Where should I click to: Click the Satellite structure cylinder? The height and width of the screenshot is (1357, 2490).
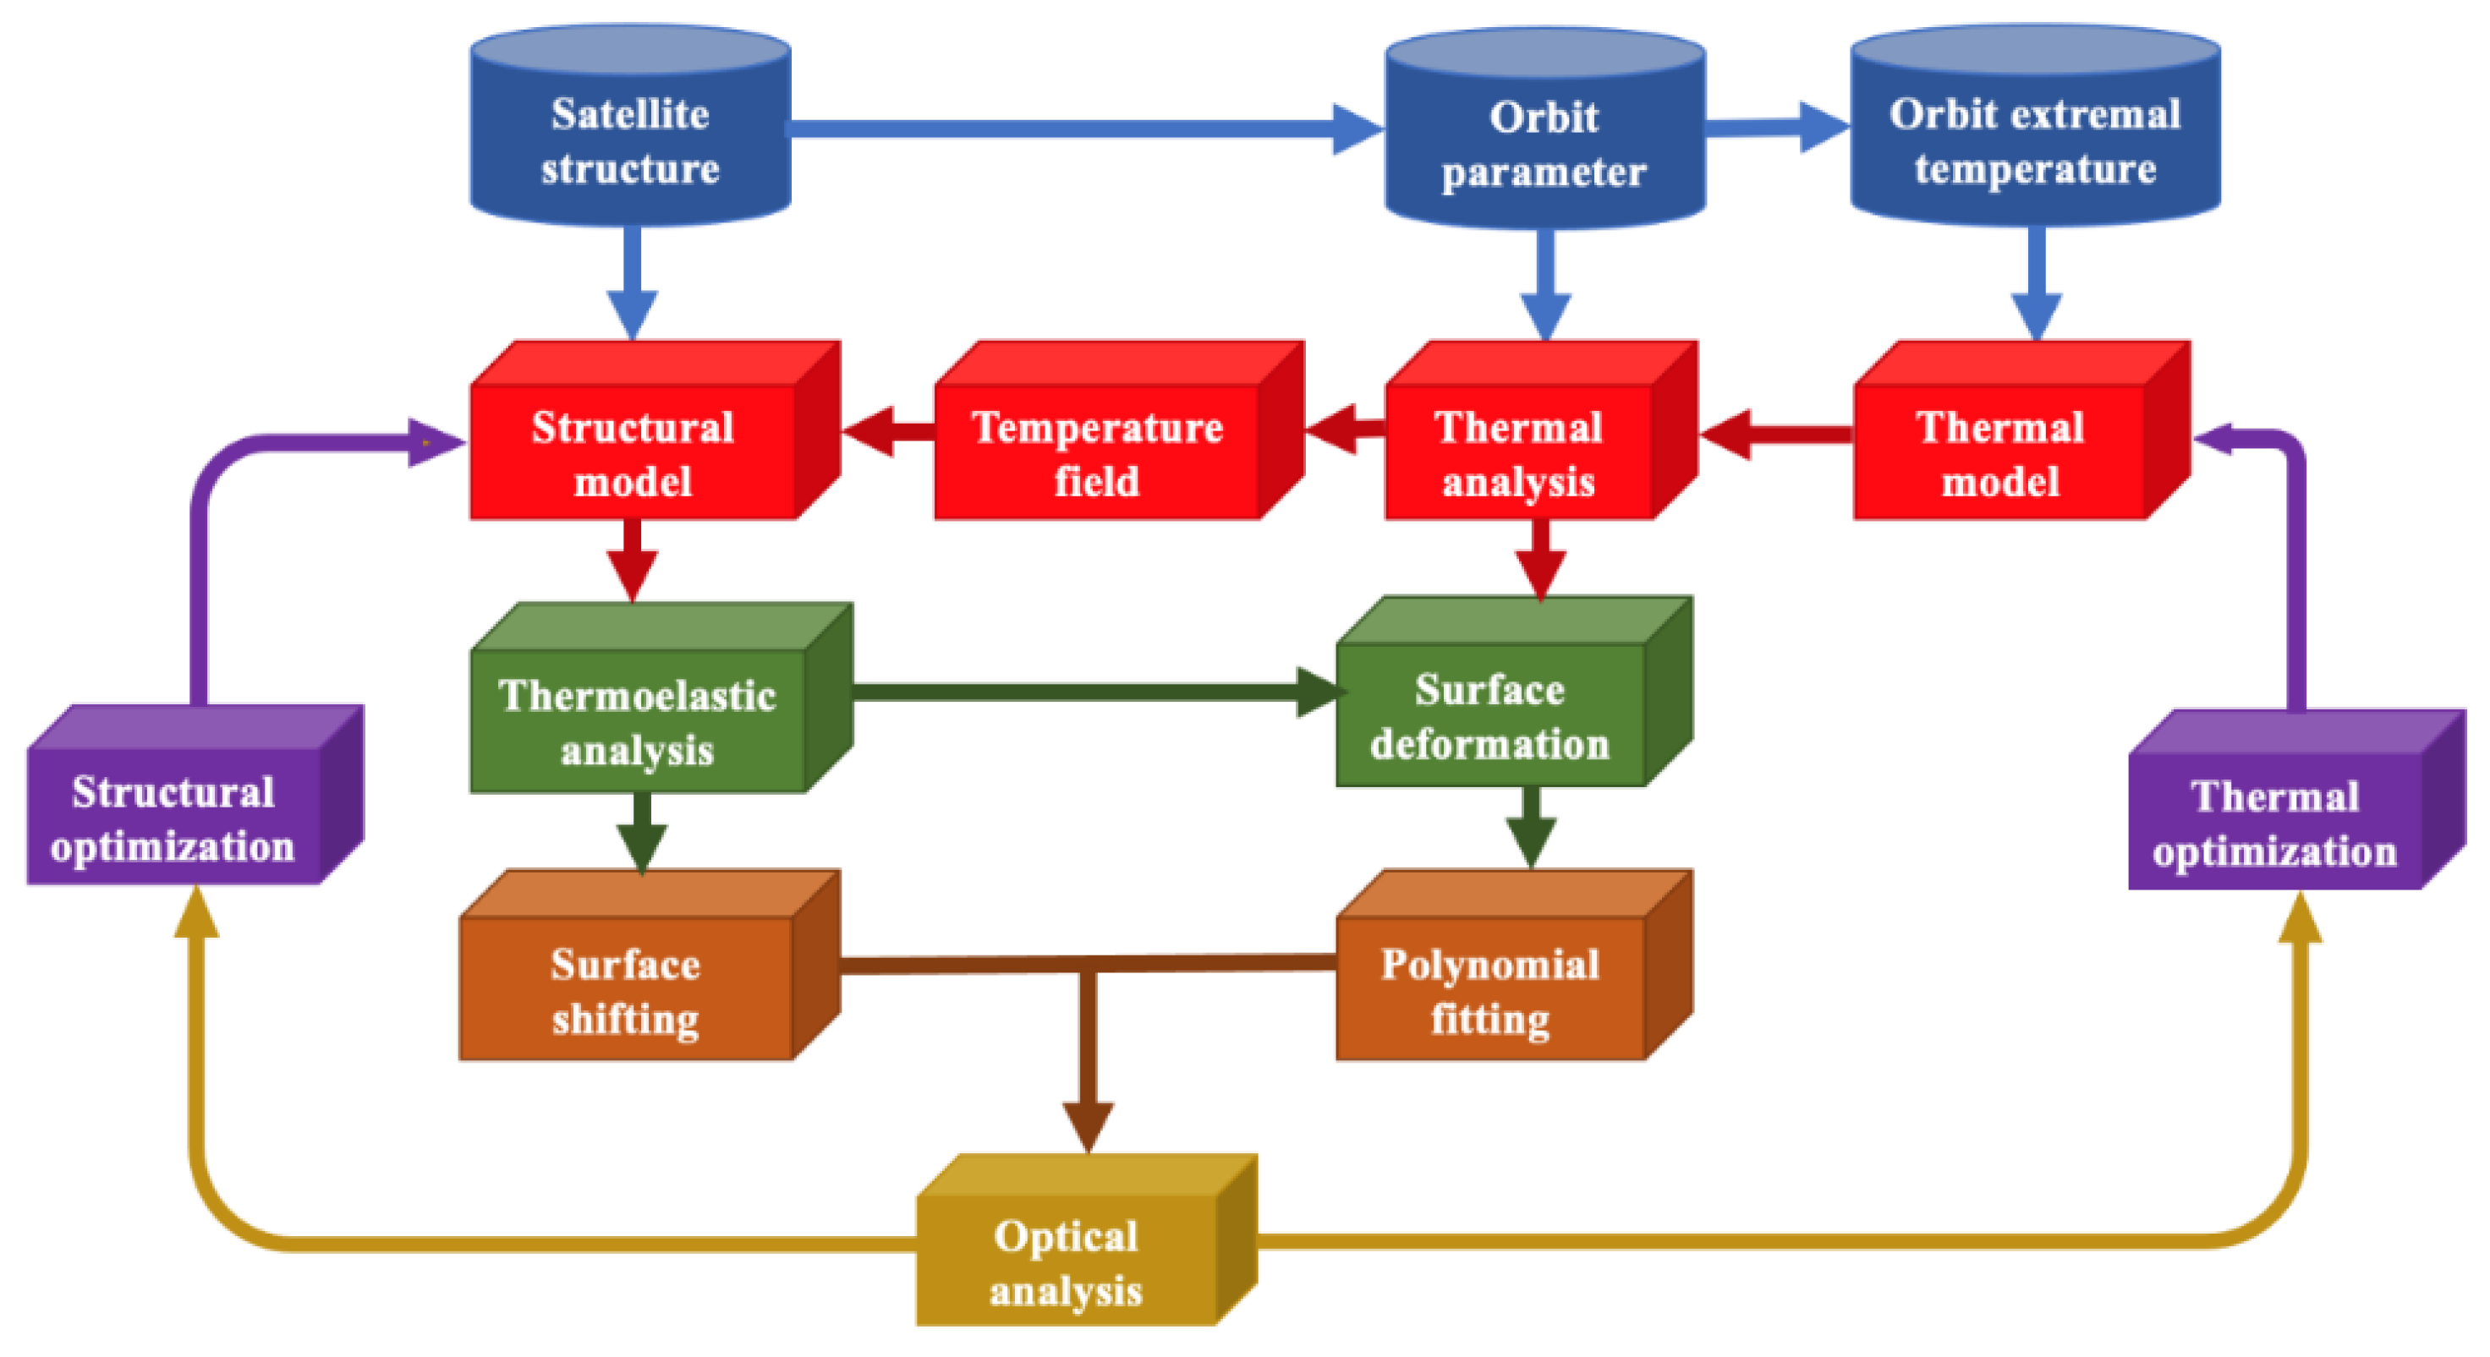click(x=630, y=135)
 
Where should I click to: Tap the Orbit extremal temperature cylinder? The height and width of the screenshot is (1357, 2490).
click(x=2035, y=135)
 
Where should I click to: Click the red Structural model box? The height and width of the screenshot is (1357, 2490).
click(x=633, y=451)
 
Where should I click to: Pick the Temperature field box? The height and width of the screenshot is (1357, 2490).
click(x=1097, y=451)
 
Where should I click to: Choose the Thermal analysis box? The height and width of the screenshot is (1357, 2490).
click(x=1518, y=451)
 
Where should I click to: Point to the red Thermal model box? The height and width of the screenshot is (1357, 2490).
click(x=1999, y=451)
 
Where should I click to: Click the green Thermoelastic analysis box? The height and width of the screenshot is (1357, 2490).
click(x=638, y=720)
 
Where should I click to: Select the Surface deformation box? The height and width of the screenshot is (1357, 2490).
click(x=1489, y=715)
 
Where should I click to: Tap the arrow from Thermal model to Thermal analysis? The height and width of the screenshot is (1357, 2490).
click(x=1779, y=435)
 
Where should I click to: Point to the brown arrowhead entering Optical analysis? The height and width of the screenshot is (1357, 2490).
click(x=1089, y=1126)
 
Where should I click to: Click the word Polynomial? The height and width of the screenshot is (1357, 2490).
click(x=1489, y=964)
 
